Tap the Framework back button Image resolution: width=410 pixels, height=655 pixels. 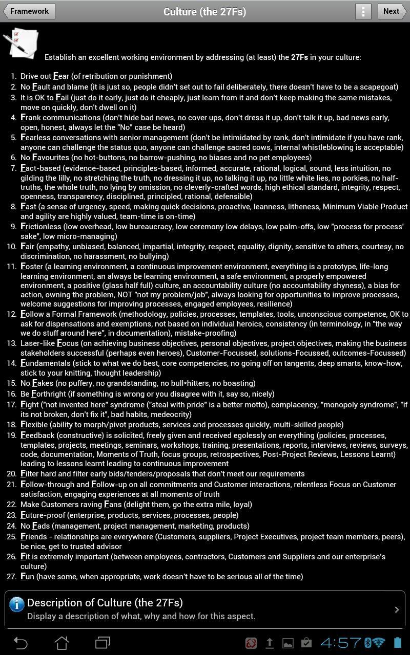(29, 11)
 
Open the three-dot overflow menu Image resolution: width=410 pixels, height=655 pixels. (363, 11)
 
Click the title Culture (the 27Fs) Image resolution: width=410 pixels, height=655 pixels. (204, 11)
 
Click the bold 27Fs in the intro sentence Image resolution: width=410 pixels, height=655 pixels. (299, 57)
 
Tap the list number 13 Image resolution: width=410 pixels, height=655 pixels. (12, 343)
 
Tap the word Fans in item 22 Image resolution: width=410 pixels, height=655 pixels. (113, 505)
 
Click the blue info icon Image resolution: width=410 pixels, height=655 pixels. (16, 604)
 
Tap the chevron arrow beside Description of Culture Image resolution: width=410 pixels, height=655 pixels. (397, 609)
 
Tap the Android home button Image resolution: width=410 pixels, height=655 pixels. (61, 643)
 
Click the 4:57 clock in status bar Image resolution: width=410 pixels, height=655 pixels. (341, 643)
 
